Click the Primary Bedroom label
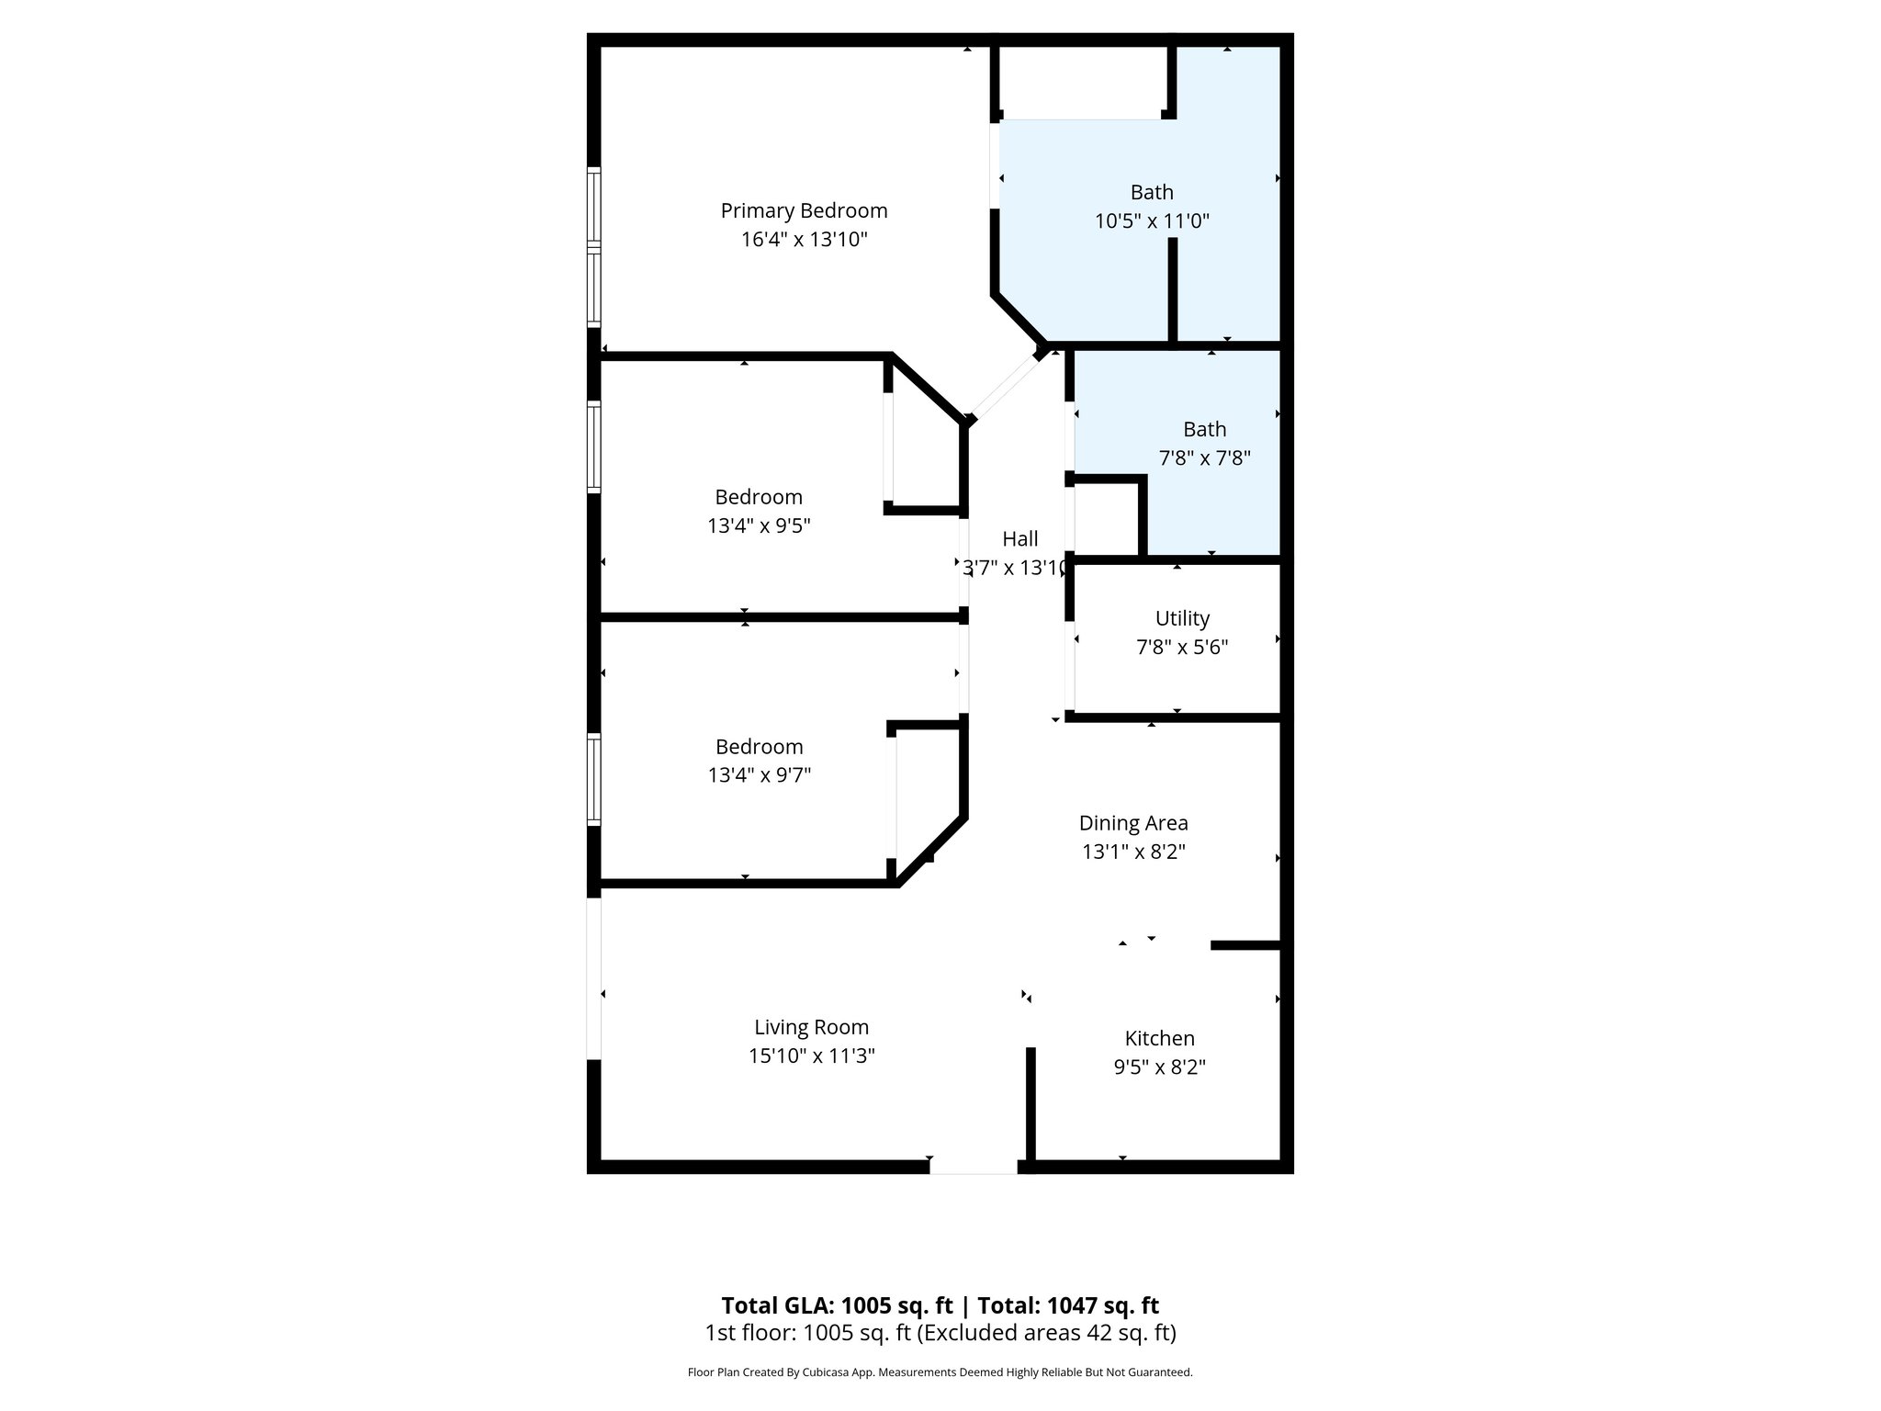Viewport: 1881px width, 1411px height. point(804,210)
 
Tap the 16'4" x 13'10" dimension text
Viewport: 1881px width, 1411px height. point(804,240)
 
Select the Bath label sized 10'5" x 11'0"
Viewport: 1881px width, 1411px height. point(1152,192)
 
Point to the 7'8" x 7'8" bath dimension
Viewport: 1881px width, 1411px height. point(1204,457)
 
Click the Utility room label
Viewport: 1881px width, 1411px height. point(1182,618)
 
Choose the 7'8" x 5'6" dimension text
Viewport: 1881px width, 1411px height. point(1182,648)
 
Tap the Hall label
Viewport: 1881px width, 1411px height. point(1019,538)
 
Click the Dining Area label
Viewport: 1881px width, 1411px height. point(1133,823)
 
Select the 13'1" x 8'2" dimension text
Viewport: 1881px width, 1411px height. point(1133,852)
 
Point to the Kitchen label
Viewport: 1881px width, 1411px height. point(1159,1038)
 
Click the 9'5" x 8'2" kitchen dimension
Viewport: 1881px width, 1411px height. point(1159,1067)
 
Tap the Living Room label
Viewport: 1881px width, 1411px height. point(811,1027)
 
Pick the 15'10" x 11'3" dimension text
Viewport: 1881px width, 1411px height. point(811,1055)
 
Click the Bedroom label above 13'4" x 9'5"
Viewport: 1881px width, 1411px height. point(759,497)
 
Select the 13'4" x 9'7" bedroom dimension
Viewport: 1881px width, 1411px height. point(759,775)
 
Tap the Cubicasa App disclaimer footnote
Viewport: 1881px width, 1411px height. point(940,1372)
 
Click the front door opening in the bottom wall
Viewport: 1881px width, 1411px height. point(973,1167)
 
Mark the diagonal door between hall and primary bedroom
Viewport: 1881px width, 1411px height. point(1007,387)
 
